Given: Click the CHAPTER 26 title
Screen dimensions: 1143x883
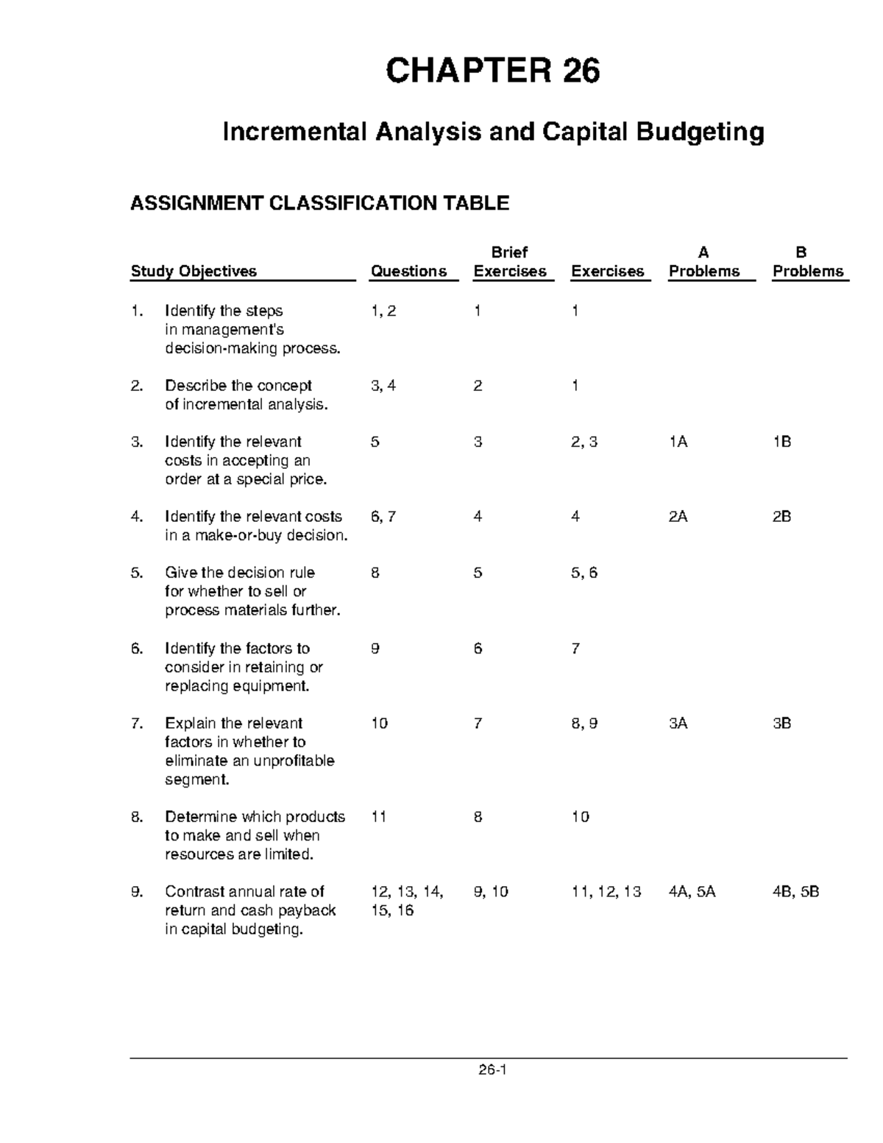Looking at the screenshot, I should coord(493,71).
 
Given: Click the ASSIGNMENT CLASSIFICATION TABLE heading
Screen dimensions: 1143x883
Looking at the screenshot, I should coord(319,203).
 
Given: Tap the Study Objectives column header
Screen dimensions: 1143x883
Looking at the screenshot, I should coord(194,272).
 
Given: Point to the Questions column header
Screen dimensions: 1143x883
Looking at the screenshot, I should coord(408,272).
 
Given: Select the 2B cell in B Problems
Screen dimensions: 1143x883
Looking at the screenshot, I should coord(781,517).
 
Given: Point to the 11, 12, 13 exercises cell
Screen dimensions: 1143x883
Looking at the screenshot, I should coord(606,892).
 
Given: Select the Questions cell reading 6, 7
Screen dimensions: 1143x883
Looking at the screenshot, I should coord(383,517).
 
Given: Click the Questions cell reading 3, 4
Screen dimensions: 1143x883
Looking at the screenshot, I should coord(383,386).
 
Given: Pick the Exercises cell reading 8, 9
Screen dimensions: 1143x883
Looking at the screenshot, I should coord(584,723).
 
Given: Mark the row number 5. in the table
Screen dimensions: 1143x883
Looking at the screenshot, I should coord(137,573).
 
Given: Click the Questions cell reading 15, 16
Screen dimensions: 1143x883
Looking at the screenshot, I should coord(392,910).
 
